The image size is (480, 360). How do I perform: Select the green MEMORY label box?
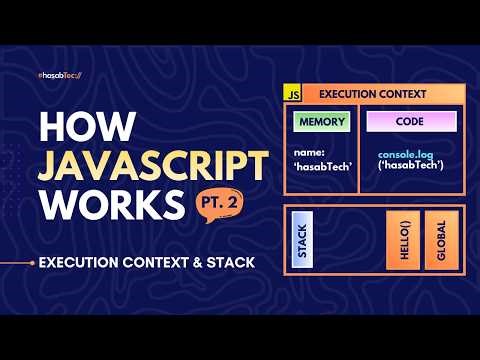(320, 122)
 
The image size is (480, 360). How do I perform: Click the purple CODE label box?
(411, 122)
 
